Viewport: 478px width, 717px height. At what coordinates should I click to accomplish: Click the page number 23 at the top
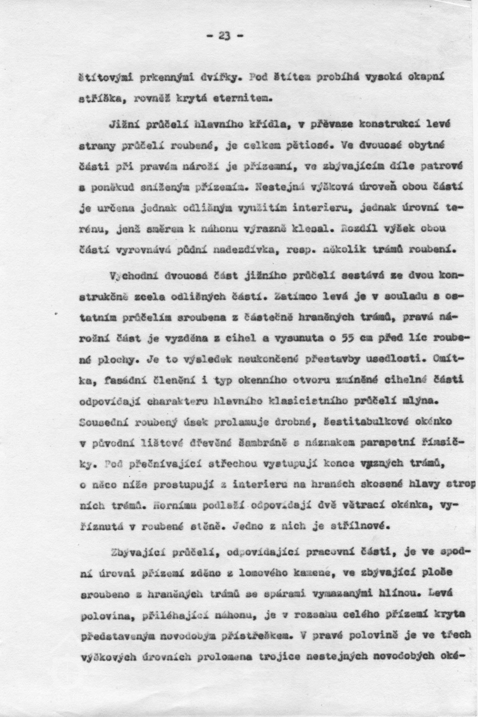click(225, 37)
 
